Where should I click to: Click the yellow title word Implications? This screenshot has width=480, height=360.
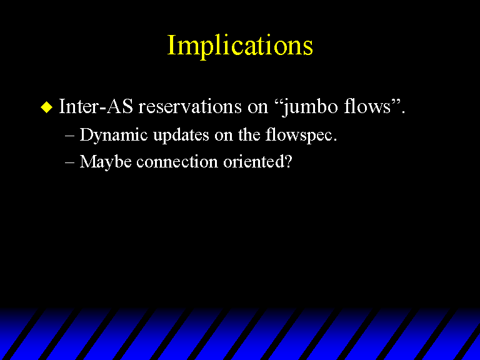pos(240,45)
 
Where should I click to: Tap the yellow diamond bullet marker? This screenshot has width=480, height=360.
pos(46,107)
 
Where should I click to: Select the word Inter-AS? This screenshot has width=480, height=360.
pos(96,106)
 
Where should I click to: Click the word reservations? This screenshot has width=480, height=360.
pos(190,106)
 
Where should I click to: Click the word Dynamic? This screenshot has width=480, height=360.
pos(114,135)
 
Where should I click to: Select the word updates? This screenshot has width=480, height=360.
pos(181,135)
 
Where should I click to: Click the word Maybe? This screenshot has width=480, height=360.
pos(106,162)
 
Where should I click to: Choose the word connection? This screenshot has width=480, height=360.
pos(177,162)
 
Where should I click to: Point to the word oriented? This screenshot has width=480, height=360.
pos(254,161)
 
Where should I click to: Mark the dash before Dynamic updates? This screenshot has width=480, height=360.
pos(70,136)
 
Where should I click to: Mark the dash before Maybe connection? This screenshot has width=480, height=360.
pos(70,162)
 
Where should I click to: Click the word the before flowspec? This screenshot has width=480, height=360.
pos(249,134)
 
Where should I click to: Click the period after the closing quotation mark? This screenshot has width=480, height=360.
pos(403,112)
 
